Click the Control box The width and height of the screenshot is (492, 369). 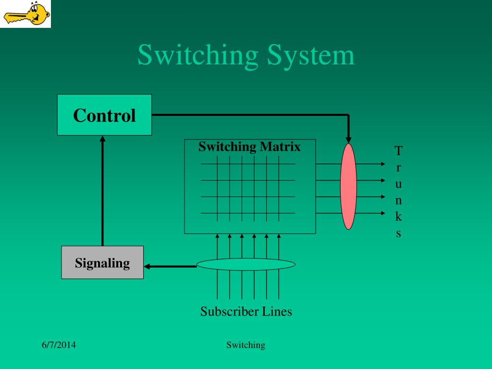104,115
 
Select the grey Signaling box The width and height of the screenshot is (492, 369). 102,262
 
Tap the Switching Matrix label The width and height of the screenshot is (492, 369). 249,147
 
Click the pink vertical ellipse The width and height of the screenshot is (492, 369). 348,186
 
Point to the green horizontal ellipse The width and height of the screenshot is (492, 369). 246,264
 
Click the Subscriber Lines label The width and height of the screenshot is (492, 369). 246,311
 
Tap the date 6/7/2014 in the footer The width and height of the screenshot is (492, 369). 59,345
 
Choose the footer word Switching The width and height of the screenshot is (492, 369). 246,345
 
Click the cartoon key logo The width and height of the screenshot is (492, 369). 26,14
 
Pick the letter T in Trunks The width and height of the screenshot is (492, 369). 398,151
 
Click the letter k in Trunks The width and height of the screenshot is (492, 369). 398,217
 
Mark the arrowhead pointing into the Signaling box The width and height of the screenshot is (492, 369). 148,266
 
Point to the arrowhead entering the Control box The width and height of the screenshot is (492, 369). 102,138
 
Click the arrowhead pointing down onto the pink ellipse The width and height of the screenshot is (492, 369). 349,140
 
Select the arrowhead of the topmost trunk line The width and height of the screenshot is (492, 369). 382,164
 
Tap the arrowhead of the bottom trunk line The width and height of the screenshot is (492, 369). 382,213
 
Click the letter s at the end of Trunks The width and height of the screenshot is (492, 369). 398,234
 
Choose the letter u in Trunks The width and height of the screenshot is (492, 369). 398,184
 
